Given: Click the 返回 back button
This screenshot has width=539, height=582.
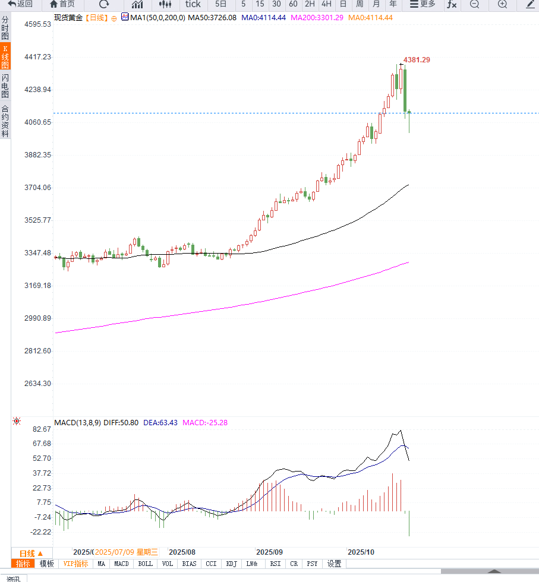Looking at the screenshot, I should (x=20, y=4).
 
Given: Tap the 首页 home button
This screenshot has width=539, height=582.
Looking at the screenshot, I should (x=63, y=4).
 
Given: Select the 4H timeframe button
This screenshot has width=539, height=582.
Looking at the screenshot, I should (x=326, y=4).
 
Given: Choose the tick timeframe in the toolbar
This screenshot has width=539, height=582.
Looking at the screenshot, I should (x=193, y=4).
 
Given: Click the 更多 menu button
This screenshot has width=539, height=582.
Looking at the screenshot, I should (x=423, y=4).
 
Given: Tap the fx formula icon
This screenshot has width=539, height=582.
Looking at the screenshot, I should (x=452, y=4).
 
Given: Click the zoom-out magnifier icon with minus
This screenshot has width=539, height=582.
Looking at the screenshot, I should (x=474, y=4).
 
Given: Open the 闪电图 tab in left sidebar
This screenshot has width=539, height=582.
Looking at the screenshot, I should (x=5, y=86).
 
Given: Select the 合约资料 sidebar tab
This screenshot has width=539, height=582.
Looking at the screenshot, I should (x=5, y=121).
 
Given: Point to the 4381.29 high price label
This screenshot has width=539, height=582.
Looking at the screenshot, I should (x=417, y=60).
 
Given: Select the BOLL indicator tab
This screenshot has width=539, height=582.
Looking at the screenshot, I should (x=145, y=564).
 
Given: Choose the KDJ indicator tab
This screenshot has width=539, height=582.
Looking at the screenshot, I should (x=231, y=564).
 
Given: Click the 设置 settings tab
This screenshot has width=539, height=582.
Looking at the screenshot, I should (x=335, y=564).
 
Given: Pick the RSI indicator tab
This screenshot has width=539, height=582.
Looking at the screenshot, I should (x=275, y=564).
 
